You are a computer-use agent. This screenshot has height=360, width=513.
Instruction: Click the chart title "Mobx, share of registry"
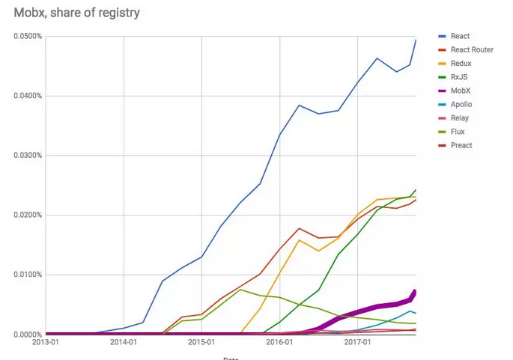(x=77, y=13)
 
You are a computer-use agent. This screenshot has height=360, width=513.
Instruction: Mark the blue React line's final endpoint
(x=416, y=39)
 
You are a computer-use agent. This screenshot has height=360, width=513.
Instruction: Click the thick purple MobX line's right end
(x=415, y=291)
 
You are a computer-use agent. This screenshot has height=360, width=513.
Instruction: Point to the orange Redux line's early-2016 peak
(x=299, y=240)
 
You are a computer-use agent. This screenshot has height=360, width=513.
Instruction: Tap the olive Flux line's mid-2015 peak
(x=240, y=289)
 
